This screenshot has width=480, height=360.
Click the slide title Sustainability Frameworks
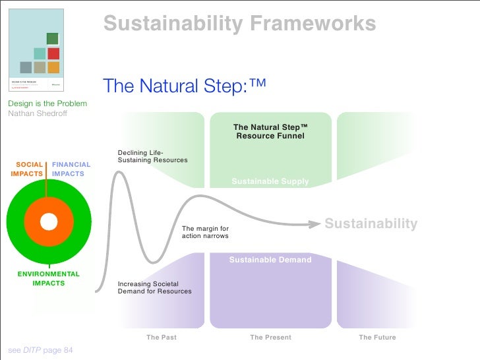click(239, 24)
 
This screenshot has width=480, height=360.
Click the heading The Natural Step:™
click(185, 86)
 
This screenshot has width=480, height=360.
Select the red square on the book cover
click(53, 53)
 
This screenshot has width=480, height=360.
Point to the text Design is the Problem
click(47, 104)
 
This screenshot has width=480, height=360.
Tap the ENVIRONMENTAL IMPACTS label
click(48, 278)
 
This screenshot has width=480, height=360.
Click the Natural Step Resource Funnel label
click(270, 131)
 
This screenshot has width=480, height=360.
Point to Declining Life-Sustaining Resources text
click(152, 156)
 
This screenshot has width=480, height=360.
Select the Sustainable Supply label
click(270, 181)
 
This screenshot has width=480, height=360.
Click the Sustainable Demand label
click(270, 260)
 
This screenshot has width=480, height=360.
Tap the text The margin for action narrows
click(205, 232)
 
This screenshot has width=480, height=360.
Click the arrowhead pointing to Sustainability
click(315, 224)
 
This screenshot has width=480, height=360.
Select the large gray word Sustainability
click(371, 224)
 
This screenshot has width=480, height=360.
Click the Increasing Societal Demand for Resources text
click(154, 287)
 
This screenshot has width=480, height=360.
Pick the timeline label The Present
click(270, 337)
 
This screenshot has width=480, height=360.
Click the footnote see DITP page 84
click(40, 350)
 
